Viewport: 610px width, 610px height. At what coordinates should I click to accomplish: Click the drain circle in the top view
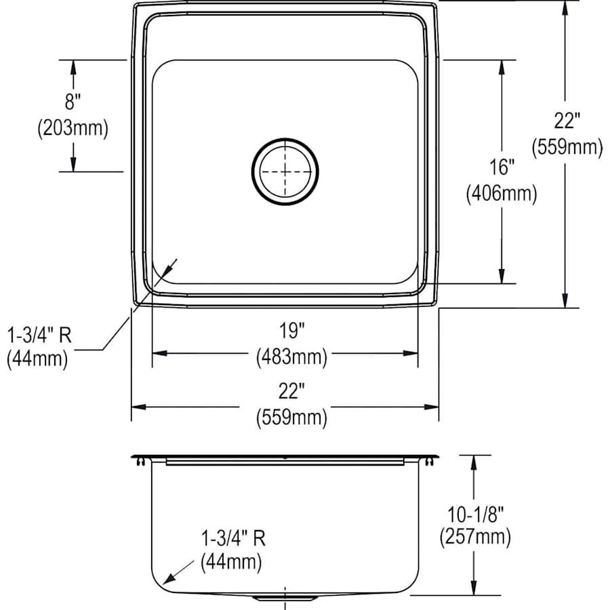285,171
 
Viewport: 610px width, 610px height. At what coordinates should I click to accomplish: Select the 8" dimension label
73,102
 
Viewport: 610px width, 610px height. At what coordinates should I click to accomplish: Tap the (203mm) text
73,129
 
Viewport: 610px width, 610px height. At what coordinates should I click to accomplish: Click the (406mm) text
502,195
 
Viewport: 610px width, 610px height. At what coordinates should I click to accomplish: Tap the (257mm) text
474,537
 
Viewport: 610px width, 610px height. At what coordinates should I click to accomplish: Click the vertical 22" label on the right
567,121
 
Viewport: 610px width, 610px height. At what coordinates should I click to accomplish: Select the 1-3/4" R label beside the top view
38,333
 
